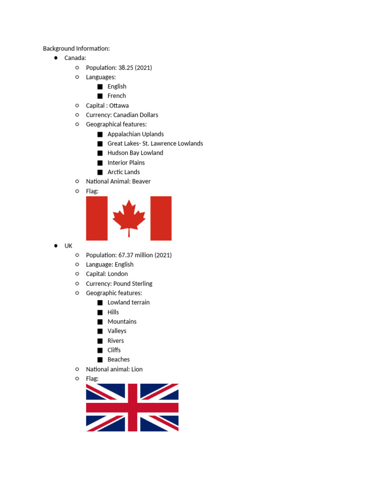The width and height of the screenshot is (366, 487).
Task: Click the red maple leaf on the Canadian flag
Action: [x=129, y=217]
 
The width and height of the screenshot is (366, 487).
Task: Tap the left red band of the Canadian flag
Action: [x=97, y=218]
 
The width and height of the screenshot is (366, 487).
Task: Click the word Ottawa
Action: [x=119, y=106]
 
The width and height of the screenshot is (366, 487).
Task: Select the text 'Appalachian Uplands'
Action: [x=135, y=134]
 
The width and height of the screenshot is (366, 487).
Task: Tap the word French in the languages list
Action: [x=117, y=96]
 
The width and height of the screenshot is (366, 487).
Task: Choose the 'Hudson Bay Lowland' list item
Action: [x=135, y=153]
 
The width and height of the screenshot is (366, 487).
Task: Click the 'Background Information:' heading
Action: [x=76, y=49]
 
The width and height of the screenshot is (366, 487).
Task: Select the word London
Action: [x=118, y=274]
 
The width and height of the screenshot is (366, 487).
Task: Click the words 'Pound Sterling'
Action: [x=133, y=283]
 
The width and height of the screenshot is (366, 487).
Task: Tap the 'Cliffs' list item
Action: [x=114, y=350]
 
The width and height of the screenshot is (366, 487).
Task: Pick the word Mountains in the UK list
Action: [x=122, y=321]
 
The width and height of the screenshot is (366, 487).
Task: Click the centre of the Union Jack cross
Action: [x=132, y=408]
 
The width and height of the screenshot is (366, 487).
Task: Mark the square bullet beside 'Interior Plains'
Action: [x=100, y=163]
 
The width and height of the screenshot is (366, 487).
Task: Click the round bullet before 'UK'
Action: [x=56, y=245]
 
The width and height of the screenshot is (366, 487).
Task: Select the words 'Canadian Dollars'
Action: [x=136, y=115]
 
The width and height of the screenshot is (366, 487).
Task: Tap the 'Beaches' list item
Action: [x=119, y=360]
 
